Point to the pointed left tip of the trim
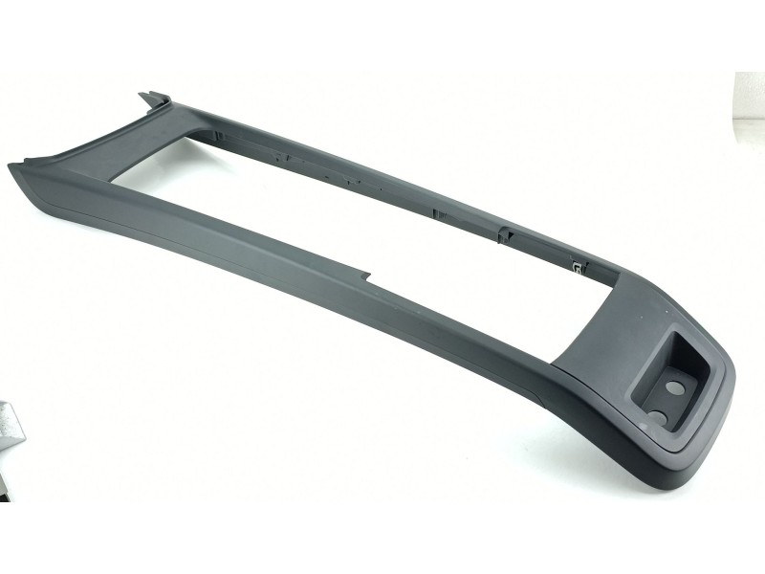pos(11,168)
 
